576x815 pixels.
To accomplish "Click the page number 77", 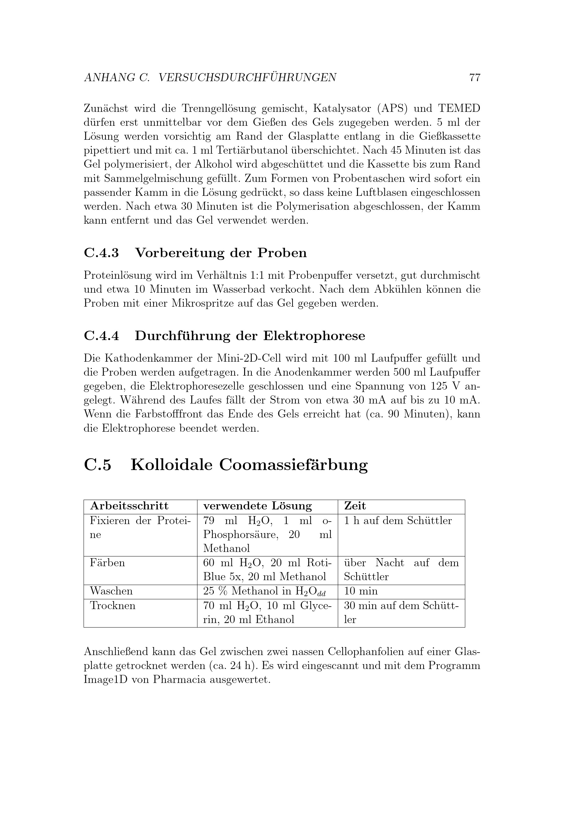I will pos(475,77).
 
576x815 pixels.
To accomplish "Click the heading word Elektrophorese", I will pos(314,336).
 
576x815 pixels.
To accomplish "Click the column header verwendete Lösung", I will pos(257,506).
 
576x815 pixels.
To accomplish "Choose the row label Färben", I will pos(107,563).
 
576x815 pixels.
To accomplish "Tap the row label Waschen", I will pos(111,591).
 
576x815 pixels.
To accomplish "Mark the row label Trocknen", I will pos(112,605).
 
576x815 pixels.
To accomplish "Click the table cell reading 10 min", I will pos(361,591).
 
